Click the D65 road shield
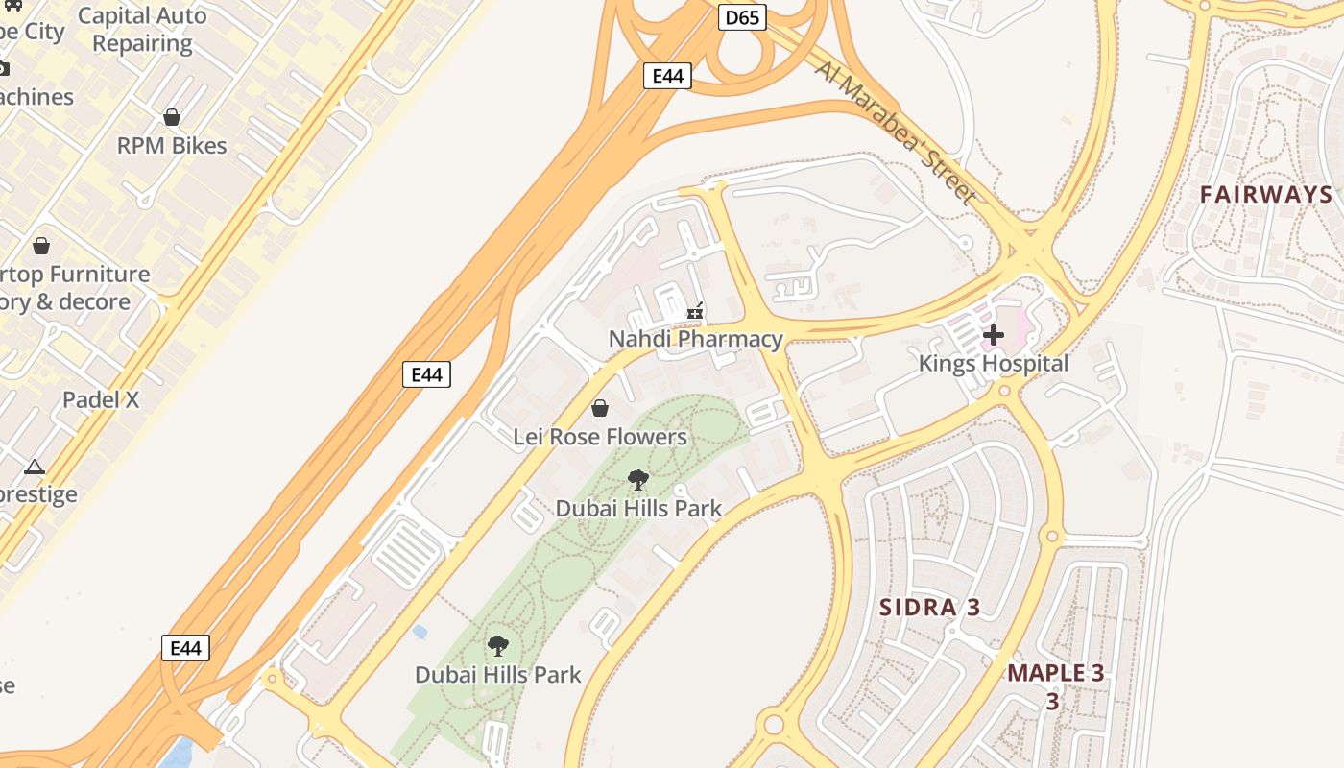pyautogui.click(x=742, y=17)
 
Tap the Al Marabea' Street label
pyautogui.click(x=896, y=132)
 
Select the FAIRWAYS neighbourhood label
pyautogui.click(x=1266, y=195)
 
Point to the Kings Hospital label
pyautogui.click(x=993, y=364)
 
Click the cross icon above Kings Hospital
pyautogui.click(x=994, y=335)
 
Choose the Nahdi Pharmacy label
pyautogui.click(x=696, y=339)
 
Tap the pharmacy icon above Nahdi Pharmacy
pyautogui.click(x=696, y=311)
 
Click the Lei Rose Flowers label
pyautogui.click(x=600, y=437)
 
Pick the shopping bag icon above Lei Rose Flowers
pyautogui.click(x=600, y=409)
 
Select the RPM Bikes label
pyautogui.click(x=172, y=146)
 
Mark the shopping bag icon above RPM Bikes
pyautogui.click(x=172, y=117)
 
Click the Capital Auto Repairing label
pyautogui.click(x=142, y=30)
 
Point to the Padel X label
pyautogui.click(x=101, y=399)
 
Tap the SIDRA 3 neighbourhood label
pyautogui.click(x=930, y=607)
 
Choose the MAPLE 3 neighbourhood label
pyautogui.click(x=1055, y=673)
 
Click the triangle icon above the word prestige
pyautogui.click(x=35, y=468)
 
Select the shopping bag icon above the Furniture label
pyautogui.click(x=41, y=246)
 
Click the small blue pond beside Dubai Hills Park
pyautogui.click(x=420, y=632)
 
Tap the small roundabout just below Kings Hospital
pyautogui.click(x=1005, y=391)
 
